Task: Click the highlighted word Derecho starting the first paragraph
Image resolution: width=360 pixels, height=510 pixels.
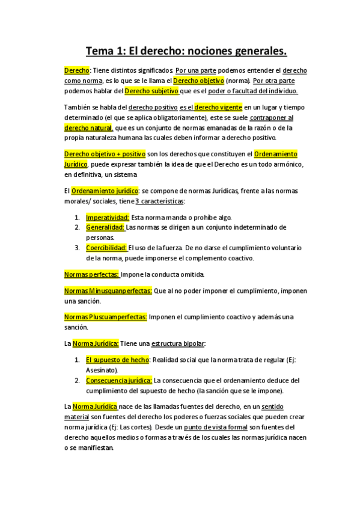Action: (76, 70)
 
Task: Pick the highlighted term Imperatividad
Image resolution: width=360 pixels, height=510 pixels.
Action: (108, 217)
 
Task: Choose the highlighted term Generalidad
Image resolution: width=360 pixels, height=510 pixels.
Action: (105, 227)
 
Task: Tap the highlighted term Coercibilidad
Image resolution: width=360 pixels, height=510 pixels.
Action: (106, 248)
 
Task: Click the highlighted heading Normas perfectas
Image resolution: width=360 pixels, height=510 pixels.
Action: (91, 274)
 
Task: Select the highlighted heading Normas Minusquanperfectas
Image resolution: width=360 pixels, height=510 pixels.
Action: (108, 290)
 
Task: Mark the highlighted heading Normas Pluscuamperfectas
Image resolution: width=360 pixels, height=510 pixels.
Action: (105, 317)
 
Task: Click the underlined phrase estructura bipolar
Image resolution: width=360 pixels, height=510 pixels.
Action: (178, 343)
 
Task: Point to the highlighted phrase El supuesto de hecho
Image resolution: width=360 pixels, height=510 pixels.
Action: (118, 360)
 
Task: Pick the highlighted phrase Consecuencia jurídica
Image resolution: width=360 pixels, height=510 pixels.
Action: (119, 380)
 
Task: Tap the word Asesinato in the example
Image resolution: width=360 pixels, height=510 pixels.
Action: (101, 370)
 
